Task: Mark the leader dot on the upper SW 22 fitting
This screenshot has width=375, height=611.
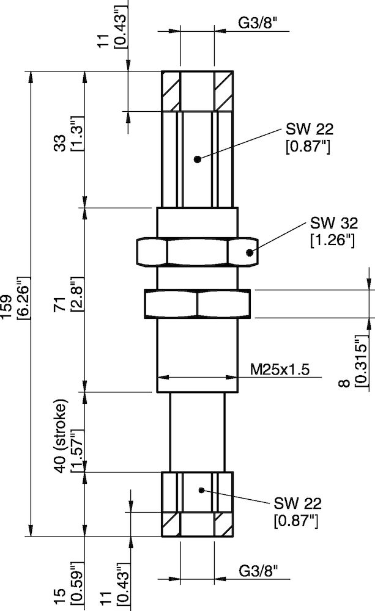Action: [197, 159]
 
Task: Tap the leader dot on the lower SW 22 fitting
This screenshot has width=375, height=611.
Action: [202, 489]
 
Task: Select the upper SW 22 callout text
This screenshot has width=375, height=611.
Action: [309, 137]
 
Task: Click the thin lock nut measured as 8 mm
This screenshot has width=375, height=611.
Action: [197, 303]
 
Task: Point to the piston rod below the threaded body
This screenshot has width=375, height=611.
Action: [197, 431]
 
